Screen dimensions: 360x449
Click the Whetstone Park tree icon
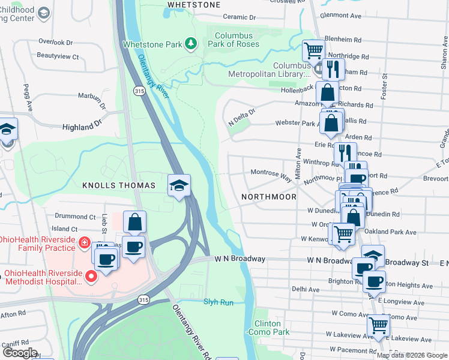190,43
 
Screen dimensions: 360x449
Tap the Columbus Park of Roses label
237,40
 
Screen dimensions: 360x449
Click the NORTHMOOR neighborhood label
268,196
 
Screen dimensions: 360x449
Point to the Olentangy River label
154,74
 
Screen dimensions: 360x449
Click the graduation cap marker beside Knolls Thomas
179,186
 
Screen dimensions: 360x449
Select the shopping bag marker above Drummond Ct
135,222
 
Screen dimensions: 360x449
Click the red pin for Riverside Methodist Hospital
91,277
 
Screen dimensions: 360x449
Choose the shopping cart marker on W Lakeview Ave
378,326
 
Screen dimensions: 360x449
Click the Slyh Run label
218,302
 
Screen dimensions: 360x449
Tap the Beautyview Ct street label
58,56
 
